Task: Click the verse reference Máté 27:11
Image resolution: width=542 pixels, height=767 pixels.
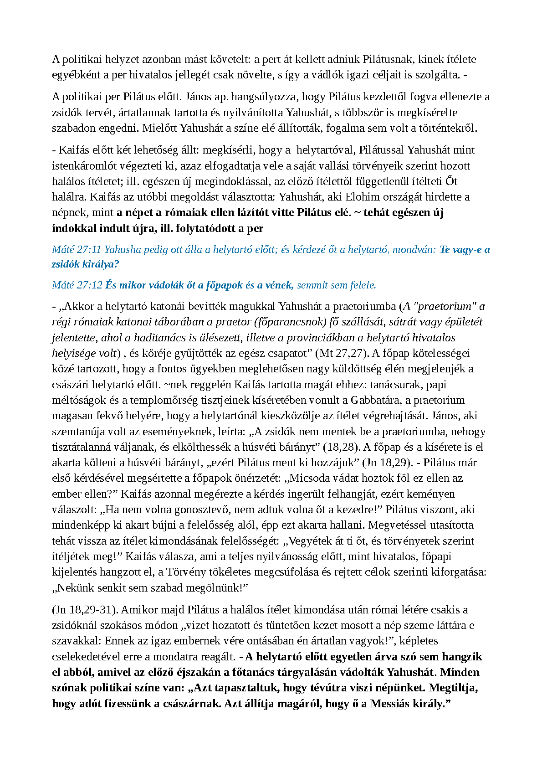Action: tap(77, 250)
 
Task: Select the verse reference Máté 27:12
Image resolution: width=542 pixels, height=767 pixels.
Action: tap(77, 285)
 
